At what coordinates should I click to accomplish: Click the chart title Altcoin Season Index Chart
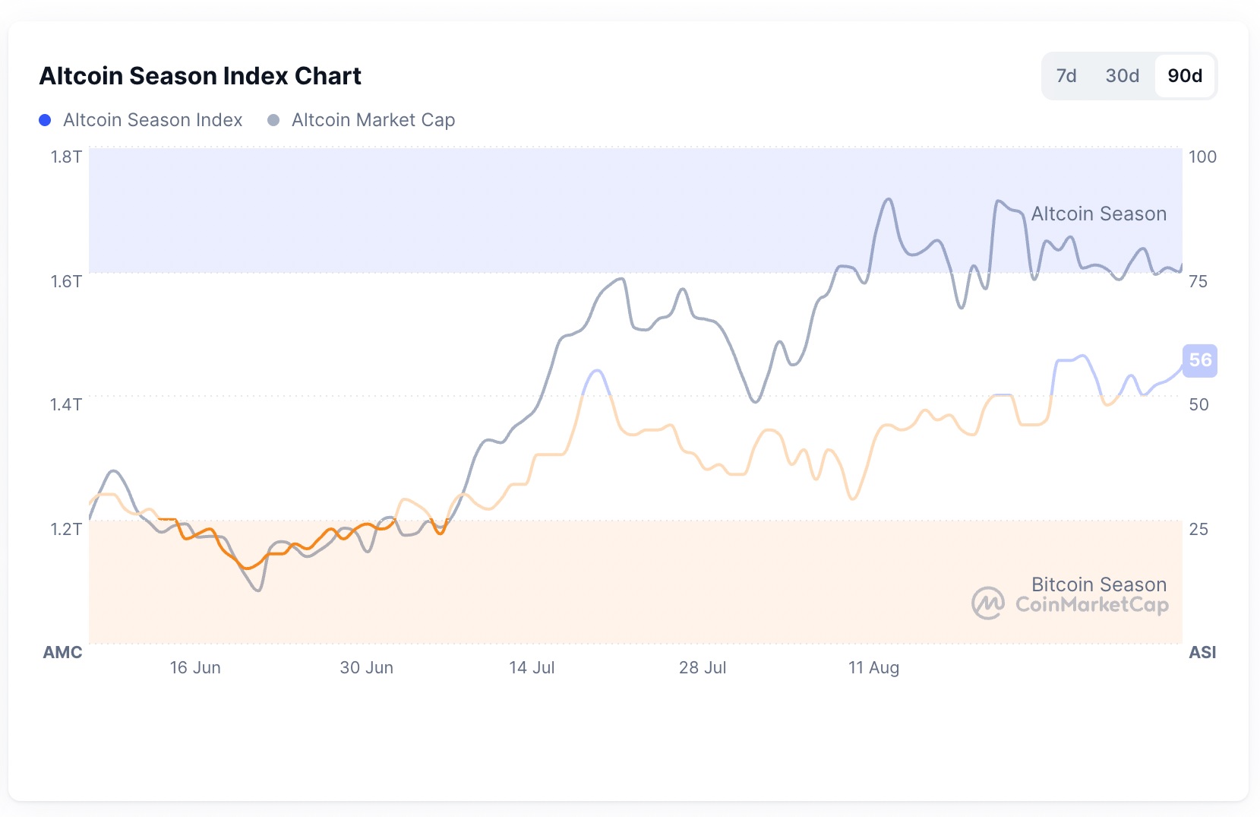200,76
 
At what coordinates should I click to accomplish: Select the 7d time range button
1066,76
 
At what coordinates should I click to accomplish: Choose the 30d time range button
1122,76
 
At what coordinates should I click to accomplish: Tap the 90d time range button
1185,76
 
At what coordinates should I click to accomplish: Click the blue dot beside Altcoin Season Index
45,120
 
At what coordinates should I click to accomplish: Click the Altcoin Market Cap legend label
373,120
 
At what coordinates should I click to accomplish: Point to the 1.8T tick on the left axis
66,157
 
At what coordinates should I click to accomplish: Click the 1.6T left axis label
66,281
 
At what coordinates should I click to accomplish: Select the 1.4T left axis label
66,404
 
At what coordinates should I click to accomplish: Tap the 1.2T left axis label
66,529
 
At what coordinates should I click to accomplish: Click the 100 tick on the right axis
1202,157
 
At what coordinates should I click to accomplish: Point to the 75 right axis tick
1198,281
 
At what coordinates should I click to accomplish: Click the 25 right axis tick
1198,529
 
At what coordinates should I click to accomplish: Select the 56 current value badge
1200,360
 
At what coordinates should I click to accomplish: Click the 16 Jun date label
195,667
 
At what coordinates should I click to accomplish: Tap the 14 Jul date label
532,667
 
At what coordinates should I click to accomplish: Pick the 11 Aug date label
873,667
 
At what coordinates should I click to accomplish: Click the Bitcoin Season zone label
1098,584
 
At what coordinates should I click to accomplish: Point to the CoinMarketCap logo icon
987,603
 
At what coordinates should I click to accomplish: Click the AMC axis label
62,652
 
